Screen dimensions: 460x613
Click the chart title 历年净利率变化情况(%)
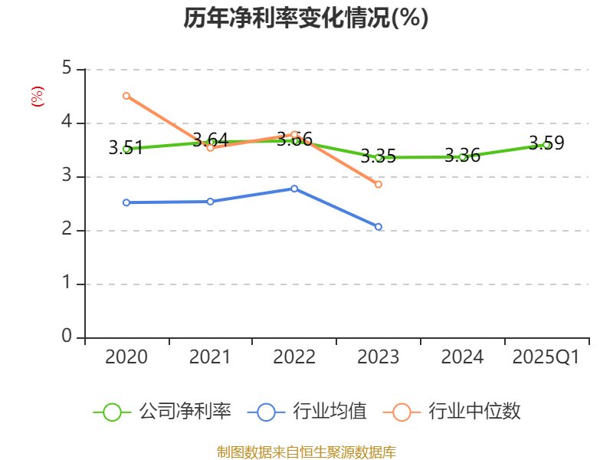point(306,18)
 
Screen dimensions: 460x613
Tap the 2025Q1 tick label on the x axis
point(546,357)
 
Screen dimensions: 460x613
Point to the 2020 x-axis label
point(126,357)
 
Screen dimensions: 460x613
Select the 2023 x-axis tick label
point(379,357)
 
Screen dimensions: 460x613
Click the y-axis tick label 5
point(67,69)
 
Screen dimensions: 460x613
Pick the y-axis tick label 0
point(67,337)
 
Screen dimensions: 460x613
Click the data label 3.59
point(546,143)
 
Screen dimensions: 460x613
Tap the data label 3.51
point(126,148)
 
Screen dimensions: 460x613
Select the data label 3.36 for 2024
point(462,156)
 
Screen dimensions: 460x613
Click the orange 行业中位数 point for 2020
point(126,96)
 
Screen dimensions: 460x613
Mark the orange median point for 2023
point(379,185)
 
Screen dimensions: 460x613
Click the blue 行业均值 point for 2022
point(294,189)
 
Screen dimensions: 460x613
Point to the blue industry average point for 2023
point(379,227)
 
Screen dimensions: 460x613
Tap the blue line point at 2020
point(126,202)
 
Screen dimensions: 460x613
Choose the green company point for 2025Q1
point(546,145)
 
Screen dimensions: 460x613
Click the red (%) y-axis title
point(36,96)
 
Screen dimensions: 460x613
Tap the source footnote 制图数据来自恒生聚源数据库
point(306,452)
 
